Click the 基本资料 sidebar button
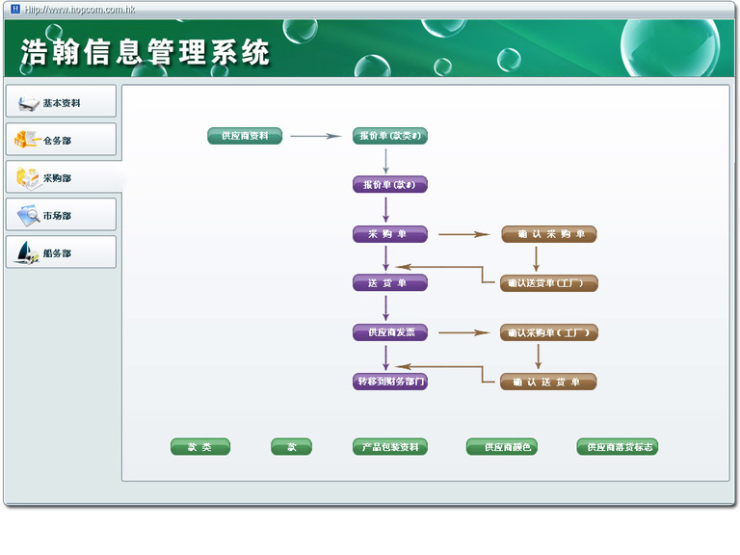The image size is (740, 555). pyautogui.click(x=61, y=102)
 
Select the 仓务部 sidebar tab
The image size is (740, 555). pyautogui.click(x=61, y=140)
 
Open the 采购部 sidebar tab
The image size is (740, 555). pyautogui.click(x=61, y=177)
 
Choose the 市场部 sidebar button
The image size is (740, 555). pyautogui.click(x=61, y=215)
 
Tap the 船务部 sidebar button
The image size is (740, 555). pyautogui.click(x=61, y=252)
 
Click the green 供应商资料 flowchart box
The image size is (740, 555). pyautogui.click(x=245, y=136)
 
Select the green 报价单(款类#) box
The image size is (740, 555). pyautogui.click(x=389, y=136)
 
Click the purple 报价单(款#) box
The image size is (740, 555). pyautogui.click(x=389, y=184)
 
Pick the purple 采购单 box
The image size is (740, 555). pyautogui.click(x=389, y=234)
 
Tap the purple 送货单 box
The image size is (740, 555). pyautogui.click(x=389, y=283)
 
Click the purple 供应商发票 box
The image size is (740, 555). pyautogui.click(x=389, y=332)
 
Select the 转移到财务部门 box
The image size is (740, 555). pyautogui.click(x=389, y=382)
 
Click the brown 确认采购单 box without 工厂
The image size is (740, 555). pyautogui.click(x=548, y=234)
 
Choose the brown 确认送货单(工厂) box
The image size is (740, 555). pyautogui.click(x=548, y=283)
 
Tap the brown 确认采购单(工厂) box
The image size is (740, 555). pyautogui.click(x=548, y=332)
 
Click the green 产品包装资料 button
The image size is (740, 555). pyautogui.click(x=389, y=447)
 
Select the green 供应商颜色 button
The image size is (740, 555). pyautogui.click(x=501, y=447)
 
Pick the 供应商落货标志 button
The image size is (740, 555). pyautogui.click(x=618, y=447)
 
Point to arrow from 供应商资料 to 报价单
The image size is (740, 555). pyautogui.click(x=316, y=136)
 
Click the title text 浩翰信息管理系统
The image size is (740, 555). pyautogui.click(x=145, y=52)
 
